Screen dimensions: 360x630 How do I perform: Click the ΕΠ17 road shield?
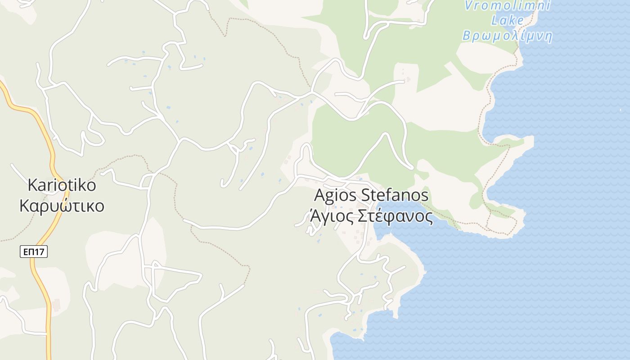34,252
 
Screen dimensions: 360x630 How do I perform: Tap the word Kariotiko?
62,185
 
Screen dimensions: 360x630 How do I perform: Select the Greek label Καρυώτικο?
62,206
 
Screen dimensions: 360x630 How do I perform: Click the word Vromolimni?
508,5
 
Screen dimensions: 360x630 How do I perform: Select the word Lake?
508,20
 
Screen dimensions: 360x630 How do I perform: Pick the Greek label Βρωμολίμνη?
508,36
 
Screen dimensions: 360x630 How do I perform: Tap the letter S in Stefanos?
365,195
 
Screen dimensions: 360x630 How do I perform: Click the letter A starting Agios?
319,195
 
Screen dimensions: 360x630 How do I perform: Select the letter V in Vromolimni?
468,5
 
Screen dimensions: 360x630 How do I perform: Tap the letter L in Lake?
495,20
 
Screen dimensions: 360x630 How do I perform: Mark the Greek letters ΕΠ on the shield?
29,252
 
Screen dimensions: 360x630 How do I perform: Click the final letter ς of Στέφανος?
429,217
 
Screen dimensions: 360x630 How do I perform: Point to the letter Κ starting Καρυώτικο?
25,206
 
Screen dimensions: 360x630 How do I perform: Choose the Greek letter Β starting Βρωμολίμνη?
467,36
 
